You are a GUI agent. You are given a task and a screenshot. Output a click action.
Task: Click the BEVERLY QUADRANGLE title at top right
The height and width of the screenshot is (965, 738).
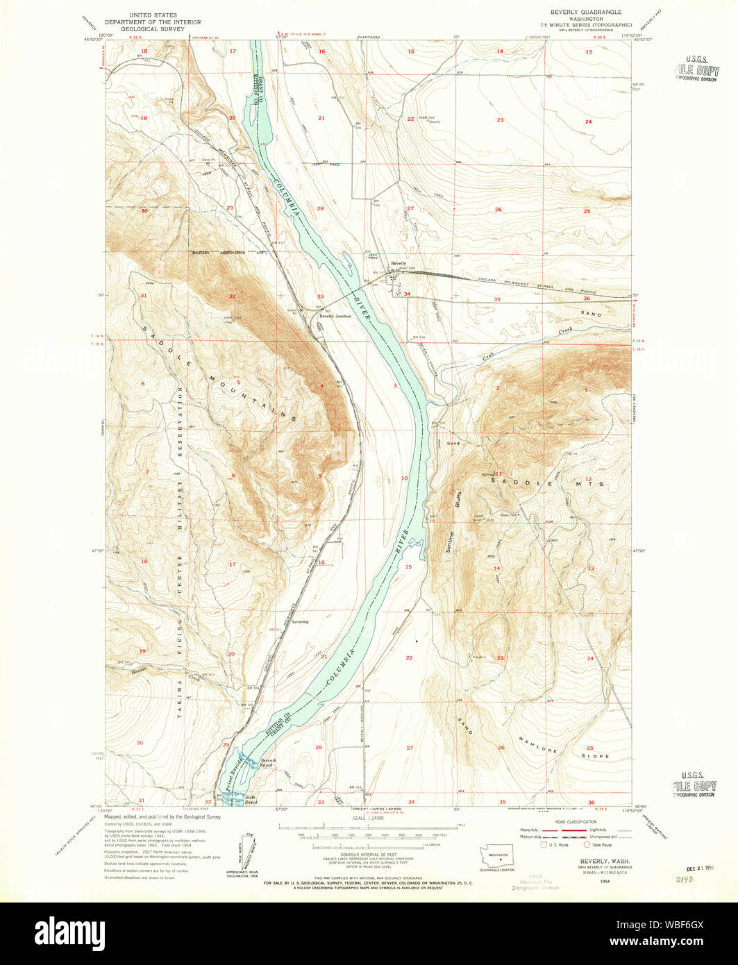coord(586,12)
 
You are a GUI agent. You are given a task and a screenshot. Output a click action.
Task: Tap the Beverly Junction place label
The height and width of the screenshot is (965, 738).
coord(335,316)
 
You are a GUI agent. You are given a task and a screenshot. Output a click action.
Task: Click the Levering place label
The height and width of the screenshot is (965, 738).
coord(300,622)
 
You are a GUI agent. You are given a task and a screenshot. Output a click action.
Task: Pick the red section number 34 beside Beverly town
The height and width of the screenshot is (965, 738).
coord(408,294)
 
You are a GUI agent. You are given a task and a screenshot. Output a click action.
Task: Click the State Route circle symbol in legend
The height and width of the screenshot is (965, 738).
coord(587,845)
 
